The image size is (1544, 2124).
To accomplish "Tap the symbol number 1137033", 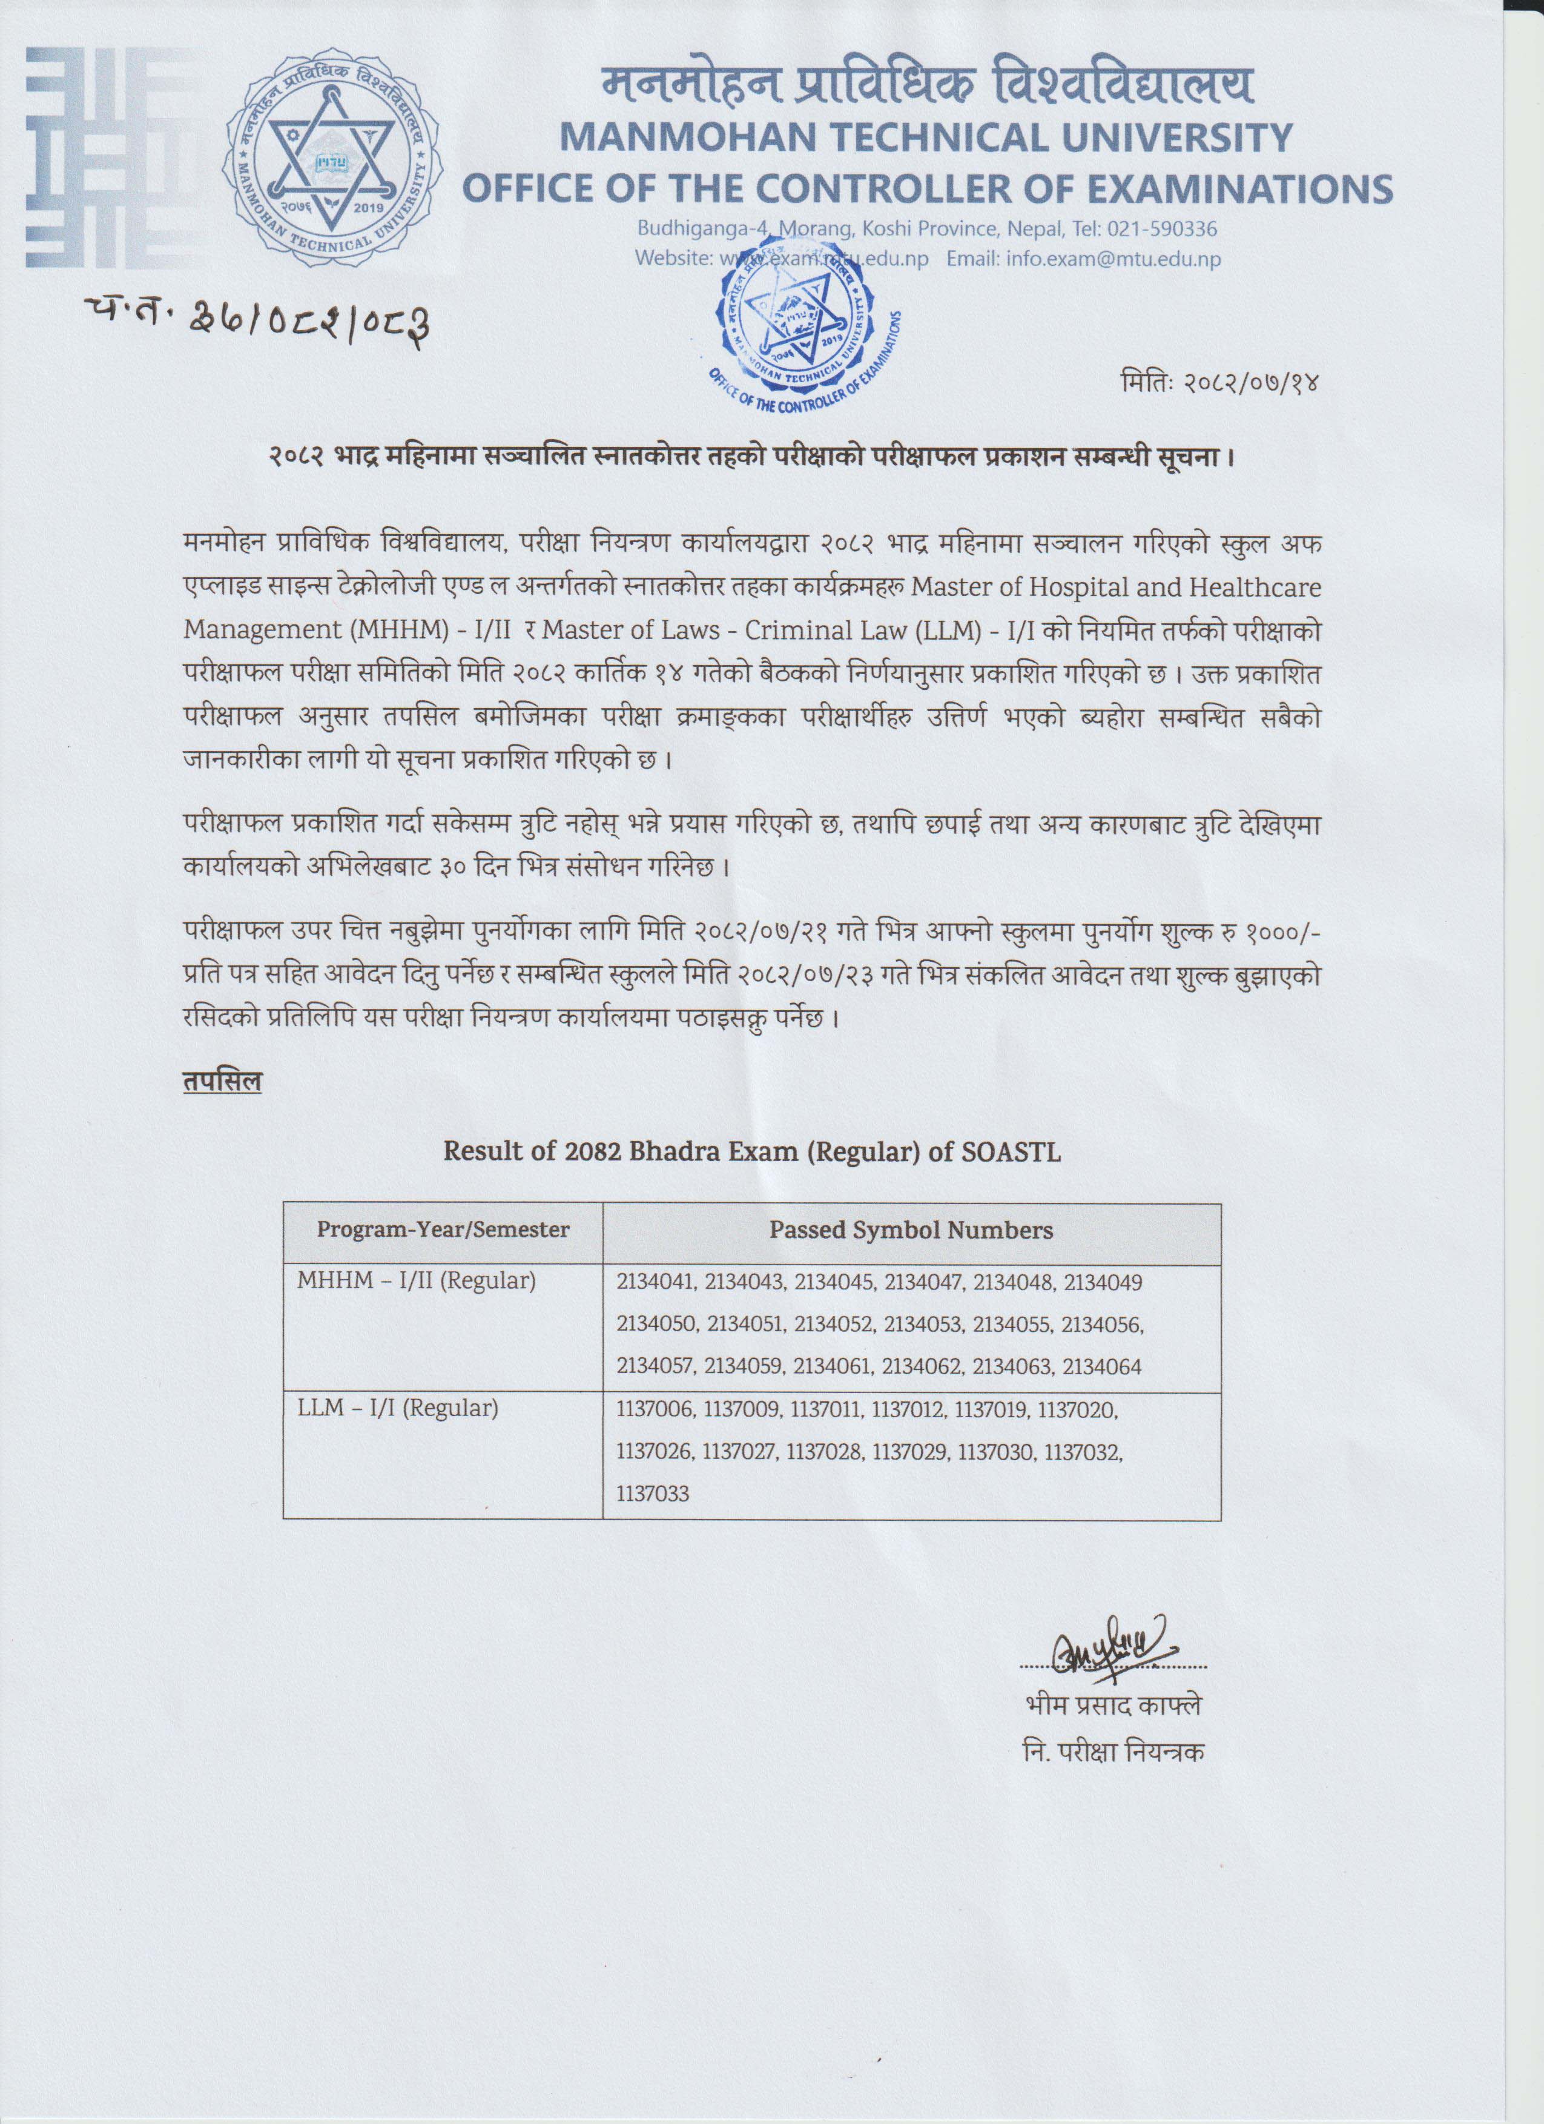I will click(653, 1493).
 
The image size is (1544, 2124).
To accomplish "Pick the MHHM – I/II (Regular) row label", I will click(417, 1280).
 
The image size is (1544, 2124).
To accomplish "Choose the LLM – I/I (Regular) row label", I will click(398, 1407).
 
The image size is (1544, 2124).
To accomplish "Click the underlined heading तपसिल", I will click(222, 1082).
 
